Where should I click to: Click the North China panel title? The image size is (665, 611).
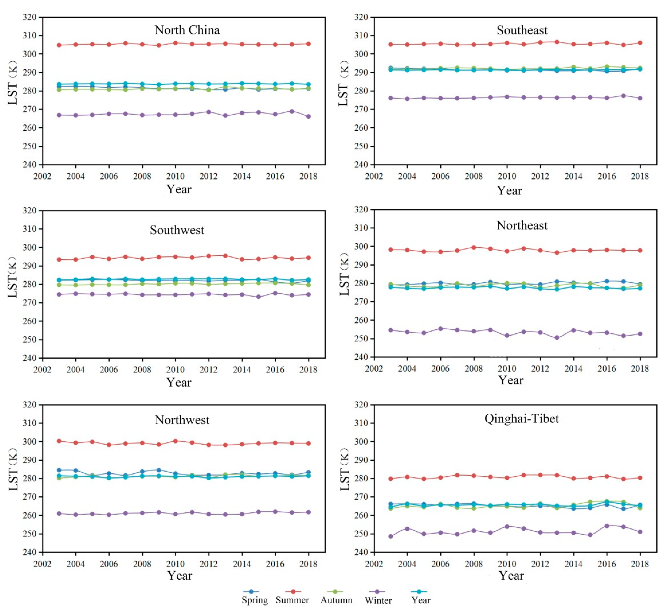tap(187, 30)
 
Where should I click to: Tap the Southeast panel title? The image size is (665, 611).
tap(522, 30)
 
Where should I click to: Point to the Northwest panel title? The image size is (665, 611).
tap(182, 420)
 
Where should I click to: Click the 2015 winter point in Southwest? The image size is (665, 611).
tap(259, 297)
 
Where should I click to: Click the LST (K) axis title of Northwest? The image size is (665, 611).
tap(13, 470)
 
